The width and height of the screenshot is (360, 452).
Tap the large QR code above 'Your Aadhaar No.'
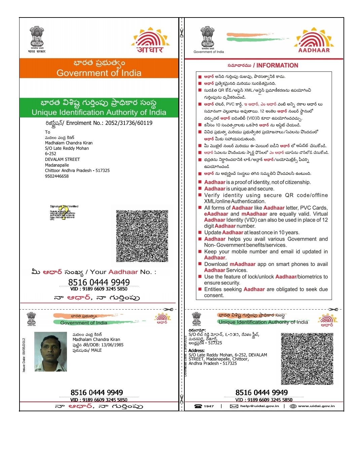142,236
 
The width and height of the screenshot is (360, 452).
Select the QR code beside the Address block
307,358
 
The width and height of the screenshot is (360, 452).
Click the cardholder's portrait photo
51,352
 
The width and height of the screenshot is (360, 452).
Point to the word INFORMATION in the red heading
277,65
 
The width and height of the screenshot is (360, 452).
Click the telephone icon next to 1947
198,406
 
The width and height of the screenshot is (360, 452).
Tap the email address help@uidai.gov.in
259,406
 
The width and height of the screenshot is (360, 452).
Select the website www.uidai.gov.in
316,406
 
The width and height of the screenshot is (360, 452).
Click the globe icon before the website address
293,406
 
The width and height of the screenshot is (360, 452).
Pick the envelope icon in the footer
234,406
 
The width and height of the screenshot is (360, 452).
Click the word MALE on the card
96,350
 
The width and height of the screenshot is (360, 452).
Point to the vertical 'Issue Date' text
24,355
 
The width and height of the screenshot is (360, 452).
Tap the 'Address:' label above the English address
197,351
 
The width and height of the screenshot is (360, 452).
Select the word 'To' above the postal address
47,132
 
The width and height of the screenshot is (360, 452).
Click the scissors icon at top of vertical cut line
182,33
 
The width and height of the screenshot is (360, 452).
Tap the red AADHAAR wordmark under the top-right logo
314,50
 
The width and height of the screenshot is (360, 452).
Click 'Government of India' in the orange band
99,73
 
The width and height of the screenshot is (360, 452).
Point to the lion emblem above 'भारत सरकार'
37,36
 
